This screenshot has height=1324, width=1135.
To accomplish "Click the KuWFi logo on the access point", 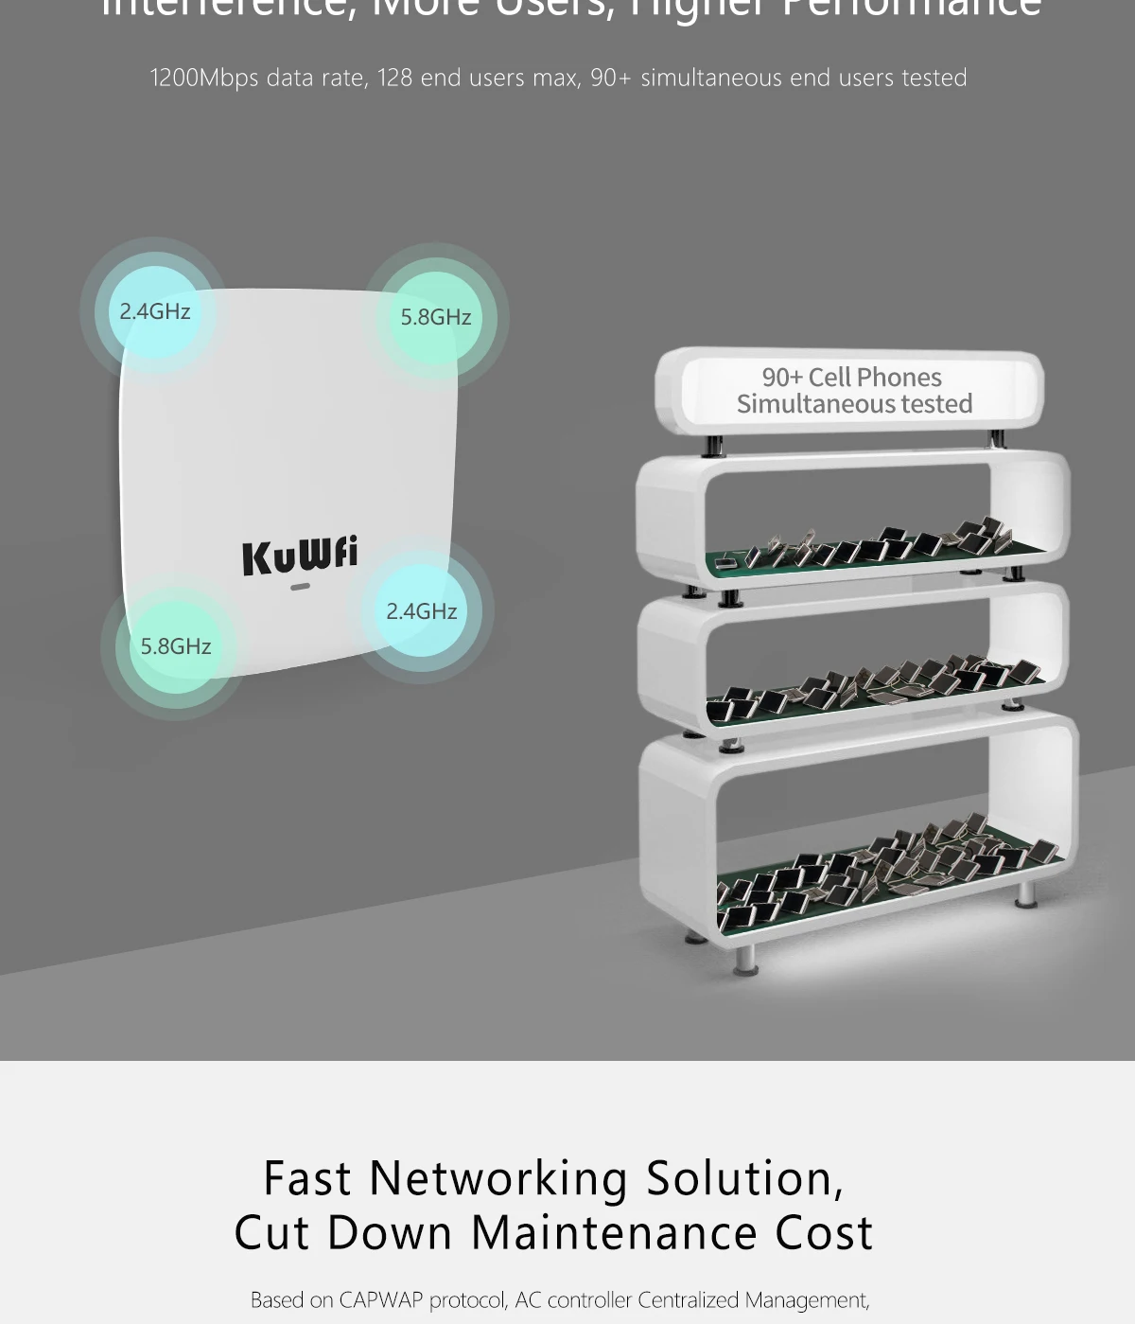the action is [300, 555].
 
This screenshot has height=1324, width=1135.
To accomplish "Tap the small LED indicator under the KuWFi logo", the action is [300, 587].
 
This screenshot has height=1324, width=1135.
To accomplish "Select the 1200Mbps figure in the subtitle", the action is [204, 78].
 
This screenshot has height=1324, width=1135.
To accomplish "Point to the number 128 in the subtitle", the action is [395, 78].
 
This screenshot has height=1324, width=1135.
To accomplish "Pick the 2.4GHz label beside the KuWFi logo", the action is [421, 611].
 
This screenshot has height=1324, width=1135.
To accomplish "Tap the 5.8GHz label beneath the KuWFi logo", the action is [176, 646].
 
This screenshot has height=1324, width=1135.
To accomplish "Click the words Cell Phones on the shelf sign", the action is [875, 377].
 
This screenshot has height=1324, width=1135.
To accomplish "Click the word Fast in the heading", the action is [307, 1179].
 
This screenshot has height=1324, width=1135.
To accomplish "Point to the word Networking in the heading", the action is [498, 1179].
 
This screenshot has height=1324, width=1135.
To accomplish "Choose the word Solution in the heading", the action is [744, 1179].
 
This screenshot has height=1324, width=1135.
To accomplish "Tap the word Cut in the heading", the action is [271, 1233].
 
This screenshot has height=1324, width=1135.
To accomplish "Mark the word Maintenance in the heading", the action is [614, 1233].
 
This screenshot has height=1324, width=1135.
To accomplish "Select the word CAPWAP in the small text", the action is [380, 1300].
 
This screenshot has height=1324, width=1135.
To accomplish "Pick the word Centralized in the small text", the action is [688, 1300].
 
